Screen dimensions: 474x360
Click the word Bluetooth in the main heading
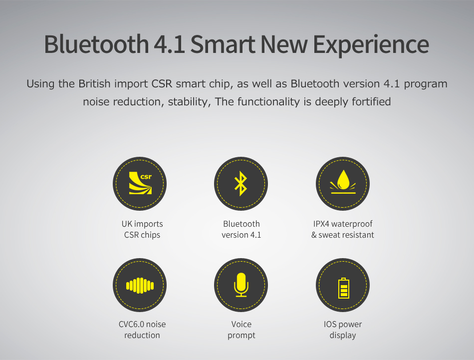pos(96,44)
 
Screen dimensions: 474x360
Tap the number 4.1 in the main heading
pos(169,44)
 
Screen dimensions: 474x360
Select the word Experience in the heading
pos(371,45)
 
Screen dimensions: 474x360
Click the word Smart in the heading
pos(223,44)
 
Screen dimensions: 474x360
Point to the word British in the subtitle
pos(94,83)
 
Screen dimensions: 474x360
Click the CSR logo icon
pos(140,183)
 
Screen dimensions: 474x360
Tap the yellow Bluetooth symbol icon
pos(241,184)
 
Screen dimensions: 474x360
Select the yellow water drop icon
pos(343,182)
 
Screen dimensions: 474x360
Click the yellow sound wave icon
pos(140,285)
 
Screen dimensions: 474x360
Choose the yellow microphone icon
pos(241,285)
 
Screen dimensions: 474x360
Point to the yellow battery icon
pos(343,288)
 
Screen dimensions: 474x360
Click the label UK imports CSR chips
pos(142,229)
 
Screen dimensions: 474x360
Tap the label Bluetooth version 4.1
pos(241,229)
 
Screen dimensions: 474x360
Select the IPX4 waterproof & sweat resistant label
pos(343,229)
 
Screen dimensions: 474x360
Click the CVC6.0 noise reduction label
pos(142,330)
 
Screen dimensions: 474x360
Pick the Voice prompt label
pos(241,330)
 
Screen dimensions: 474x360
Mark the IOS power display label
pos(343,330)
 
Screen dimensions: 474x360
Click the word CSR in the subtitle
pos(162,83)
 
